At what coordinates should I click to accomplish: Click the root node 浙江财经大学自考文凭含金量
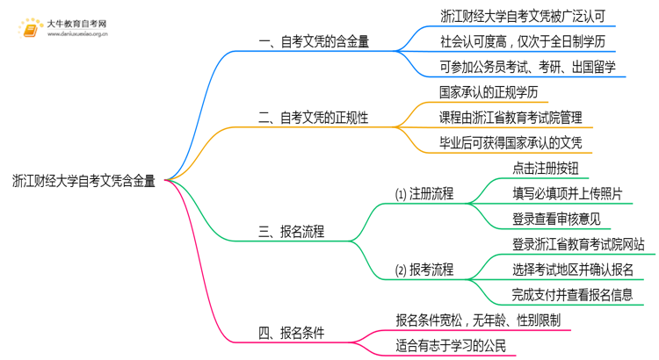coord(84,181)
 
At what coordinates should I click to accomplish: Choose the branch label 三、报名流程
coord(291,232)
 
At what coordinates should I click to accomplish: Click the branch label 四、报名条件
coord(291,333)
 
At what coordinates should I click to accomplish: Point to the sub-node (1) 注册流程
coord(424,193)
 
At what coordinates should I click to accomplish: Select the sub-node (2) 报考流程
coord(424,270)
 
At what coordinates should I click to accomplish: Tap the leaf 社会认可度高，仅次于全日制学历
coord(522,40)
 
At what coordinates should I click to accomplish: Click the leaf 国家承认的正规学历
coord(489,91)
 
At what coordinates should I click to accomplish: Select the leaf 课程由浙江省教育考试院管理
coord(510,117)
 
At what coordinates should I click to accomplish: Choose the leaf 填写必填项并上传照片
coord(568,193)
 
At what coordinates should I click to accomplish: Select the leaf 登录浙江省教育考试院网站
coord(578,244)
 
